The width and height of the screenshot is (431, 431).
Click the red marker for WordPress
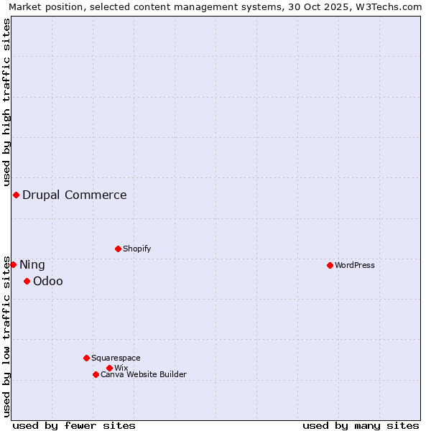tap(330, 265)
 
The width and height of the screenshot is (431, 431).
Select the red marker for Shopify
tap(118, 249)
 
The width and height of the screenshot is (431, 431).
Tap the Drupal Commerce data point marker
tap(16, 195)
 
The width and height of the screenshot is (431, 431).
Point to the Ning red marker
tap(13, 264)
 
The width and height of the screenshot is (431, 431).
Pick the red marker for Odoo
tap(27, 281)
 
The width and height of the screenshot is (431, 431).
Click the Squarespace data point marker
tap(86, 358)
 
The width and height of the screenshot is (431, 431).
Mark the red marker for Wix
tap(109, 368)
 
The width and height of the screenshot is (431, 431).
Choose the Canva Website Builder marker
tap(96, 374)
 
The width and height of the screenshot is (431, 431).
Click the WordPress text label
tap(355, 265)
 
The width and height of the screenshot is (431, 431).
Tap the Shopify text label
tap(137, 249)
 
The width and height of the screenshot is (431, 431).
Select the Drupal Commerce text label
tap(75, 195)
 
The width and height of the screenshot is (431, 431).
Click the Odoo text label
tap(48, 281)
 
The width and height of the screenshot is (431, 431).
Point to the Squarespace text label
tap(116, 358)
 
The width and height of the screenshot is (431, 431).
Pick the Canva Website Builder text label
tap(144, 374)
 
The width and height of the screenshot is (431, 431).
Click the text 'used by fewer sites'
tap(74, 425)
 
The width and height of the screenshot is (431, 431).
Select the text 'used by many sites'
tap(361, 425)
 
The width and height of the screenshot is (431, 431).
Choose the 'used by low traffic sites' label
tap(6, 336)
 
